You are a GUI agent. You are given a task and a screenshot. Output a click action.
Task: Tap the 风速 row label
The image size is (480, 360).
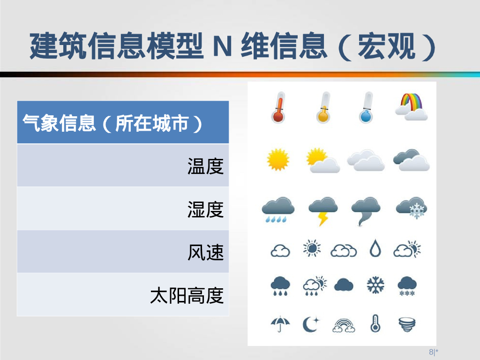pyautogui.click(x=205, y=252)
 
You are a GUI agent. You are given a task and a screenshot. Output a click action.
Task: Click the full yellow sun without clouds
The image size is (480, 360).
pyautogui.click(x=278, y=159)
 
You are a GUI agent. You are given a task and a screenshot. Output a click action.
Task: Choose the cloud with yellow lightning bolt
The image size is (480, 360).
pyautogui.click(x=323, y=210)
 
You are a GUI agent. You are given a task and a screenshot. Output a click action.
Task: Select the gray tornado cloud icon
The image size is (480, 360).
pyautogui.click(x=366, y=210)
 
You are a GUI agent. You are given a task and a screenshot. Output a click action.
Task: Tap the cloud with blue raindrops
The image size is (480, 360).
pyautogui.click(x=277, y=210)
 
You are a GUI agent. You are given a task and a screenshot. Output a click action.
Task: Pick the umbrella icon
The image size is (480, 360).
pyautogui.click(x=280, y=323)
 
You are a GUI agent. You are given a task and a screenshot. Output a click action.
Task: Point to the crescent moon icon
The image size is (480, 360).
pyautogui.click(x=310, y=324)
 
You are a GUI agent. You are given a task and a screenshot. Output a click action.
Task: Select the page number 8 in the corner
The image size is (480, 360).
pyautogui.click(x=431, y=352)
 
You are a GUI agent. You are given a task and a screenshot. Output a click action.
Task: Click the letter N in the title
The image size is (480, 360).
pyautogui.click(x=223, y=46)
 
